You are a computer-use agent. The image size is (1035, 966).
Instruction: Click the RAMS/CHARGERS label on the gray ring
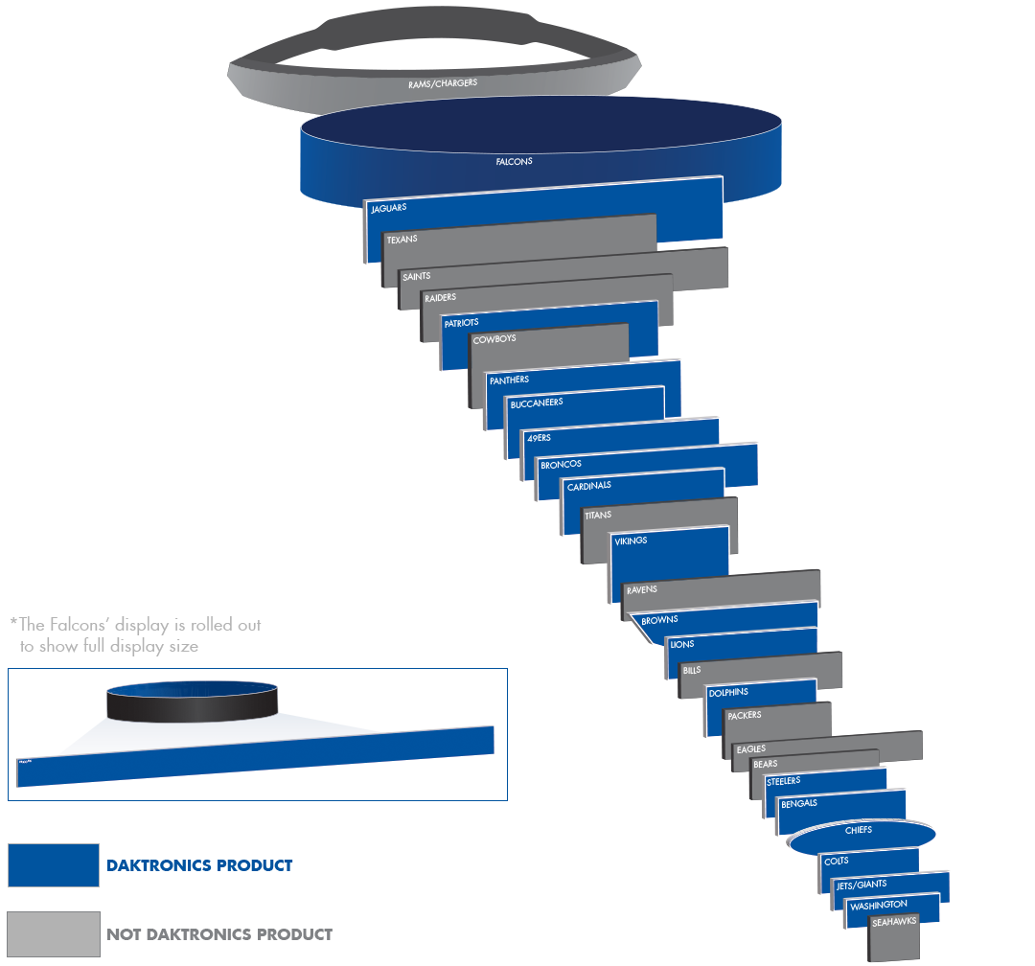(442, 83)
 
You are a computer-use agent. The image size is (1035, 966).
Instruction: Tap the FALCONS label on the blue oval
(514, 162)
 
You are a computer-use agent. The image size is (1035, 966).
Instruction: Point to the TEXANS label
(402, 239)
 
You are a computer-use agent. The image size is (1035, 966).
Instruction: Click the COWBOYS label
(494, 339)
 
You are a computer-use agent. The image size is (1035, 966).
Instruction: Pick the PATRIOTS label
(461, 323)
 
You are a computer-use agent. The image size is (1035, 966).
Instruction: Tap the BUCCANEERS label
(536, 403)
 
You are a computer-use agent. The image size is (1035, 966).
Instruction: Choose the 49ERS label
(539, 438)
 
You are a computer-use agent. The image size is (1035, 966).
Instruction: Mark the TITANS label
(597, 516)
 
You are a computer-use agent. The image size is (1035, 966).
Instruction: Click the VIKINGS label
(630, 540)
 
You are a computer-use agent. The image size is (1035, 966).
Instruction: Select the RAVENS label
(641, 590)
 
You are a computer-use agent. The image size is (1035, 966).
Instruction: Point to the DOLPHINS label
(727, 692)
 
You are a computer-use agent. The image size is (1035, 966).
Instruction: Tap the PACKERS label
(744, 716)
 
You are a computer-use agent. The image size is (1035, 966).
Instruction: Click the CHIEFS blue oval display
(859, 838)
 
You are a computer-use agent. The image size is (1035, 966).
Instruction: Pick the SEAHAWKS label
(894, 921)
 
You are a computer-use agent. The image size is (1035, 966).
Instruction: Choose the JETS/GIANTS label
(862, 885)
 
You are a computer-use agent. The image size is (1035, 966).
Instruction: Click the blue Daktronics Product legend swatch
(53, 865)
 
